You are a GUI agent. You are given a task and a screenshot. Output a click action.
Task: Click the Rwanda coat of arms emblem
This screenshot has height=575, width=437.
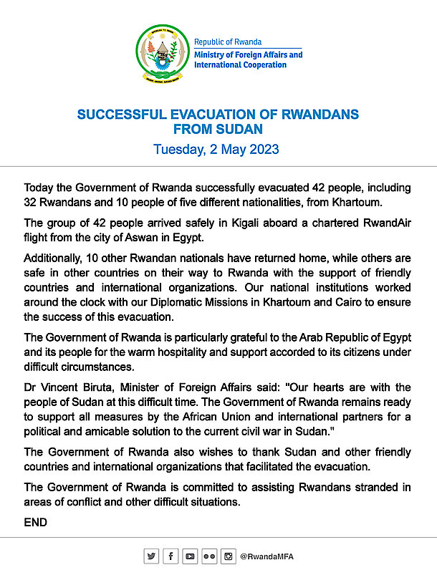point(163,54)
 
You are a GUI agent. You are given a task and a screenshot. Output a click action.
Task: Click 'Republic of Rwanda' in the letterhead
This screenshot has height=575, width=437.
point(228,42)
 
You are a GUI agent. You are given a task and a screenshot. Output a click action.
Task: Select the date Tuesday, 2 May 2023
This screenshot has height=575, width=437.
point(216,150)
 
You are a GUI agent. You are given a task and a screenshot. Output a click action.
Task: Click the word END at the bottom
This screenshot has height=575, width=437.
point(35,523)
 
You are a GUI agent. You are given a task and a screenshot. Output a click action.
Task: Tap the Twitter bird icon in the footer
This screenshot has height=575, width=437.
point(151,556)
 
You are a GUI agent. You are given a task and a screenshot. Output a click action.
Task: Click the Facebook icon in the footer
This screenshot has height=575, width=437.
point(171,556)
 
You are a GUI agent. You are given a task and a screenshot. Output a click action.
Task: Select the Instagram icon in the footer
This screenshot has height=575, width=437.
point(228,556)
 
